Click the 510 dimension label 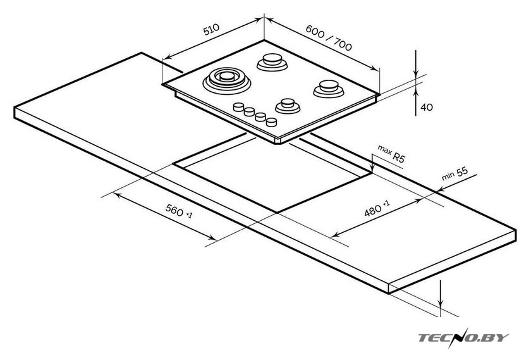point(211,30)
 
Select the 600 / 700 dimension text point(329,37)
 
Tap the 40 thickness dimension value point(427,107)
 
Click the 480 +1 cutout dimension point(377,208)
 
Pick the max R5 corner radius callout point(391,153)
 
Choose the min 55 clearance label point(455,174)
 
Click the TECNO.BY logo point(463,338)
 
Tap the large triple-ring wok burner point(227,81)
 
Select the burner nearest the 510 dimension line point(272,62)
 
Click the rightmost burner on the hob point(329,89)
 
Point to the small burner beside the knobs point(288,106)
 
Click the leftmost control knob point(239,107)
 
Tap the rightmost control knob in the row point(271,121)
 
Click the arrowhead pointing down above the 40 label point(416,74)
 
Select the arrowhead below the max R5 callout point(372,168)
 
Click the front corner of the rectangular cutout point(278,213)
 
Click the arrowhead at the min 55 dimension point(440,189)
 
